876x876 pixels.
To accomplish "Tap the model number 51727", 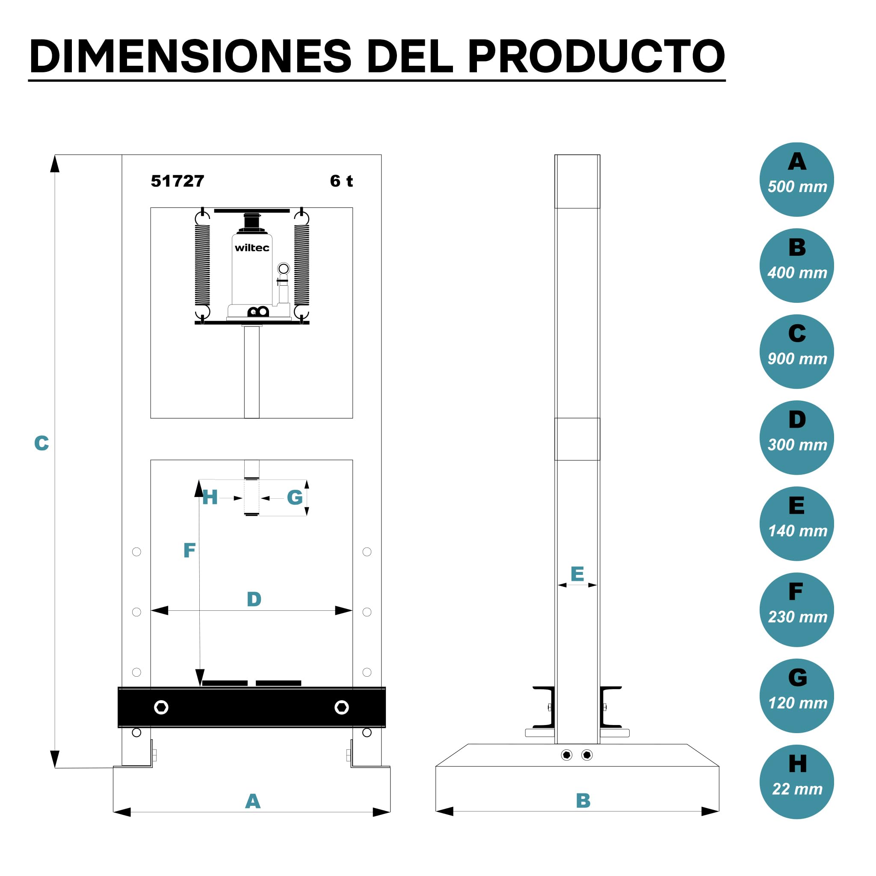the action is [x=177, y=181].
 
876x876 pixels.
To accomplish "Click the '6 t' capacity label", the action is [x=341, y=181].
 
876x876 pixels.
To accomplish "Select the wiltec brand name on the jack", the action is [x=252, y=248].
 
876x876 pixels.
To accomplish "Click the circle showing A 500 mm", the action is [x=796, y=180].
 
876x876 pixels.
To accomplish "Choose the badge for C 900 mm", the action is [x=796, y=352].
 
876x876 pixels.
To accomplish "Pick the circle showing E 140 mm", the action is [x=796, y=524].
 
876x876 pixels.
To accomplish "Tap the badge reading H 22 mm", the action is [x=796, y=782].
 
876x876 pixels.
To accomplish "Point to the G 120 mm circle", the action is [x=796, y=695].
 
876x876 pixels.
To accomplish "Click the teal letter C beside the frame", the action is [x=41, y=443].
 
